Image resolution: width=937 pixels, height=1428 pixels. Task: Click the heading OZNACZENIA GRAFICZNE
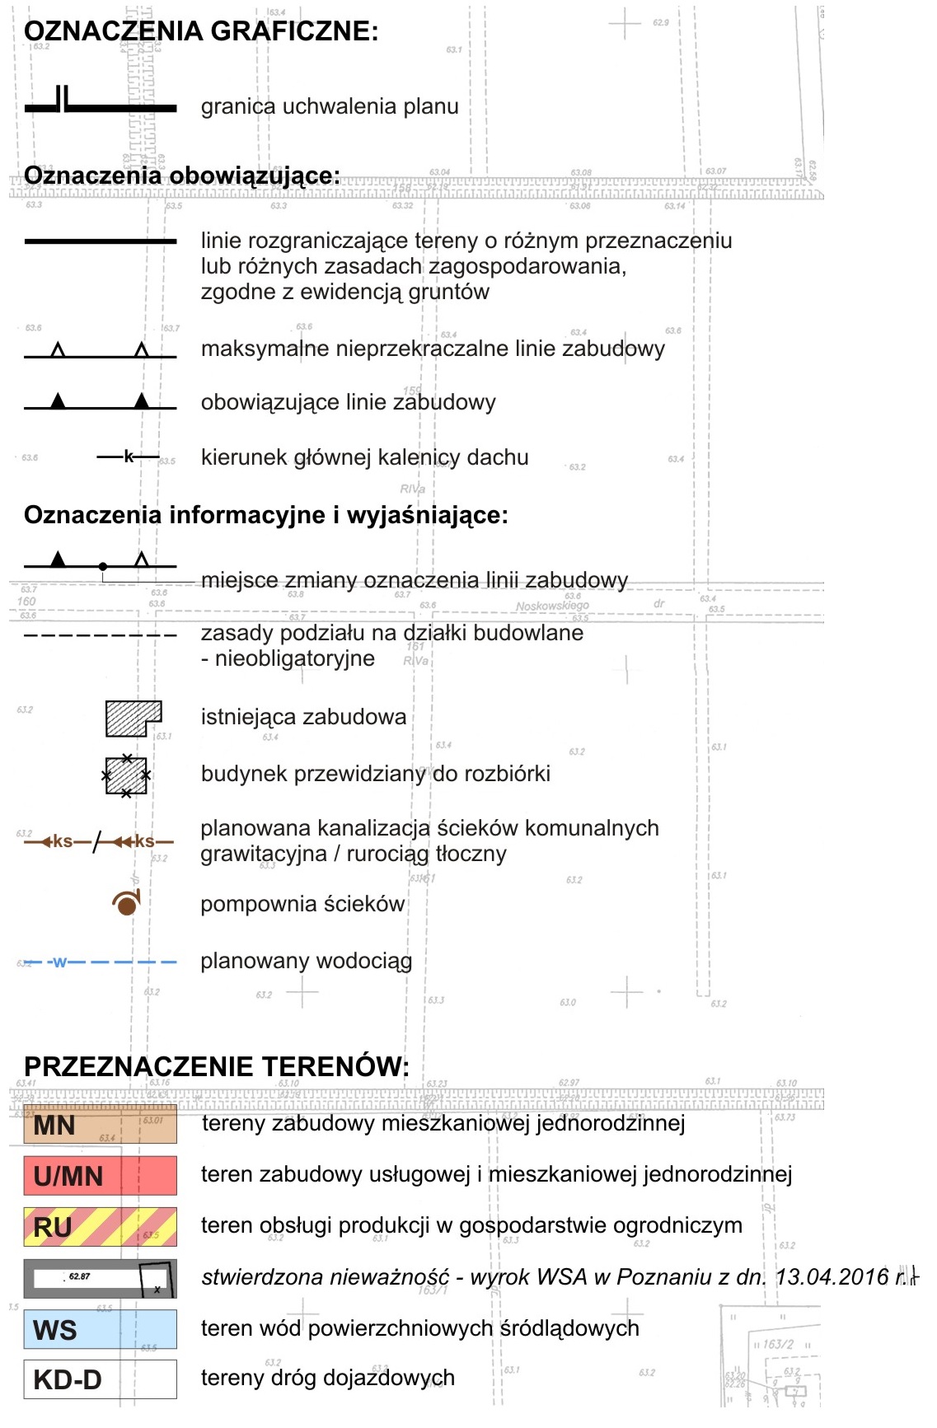[201, 31]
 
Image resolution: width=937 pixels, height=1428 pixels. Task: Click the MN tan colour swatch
[100, 1125]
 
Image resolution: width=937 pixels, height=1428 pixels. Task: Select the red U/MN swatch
[100, 1176]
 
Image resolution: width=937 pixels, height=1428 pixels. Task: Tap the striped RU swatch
[100, 1227]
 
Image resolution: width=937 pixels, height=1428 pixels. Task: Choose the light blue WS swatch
[100, 1329]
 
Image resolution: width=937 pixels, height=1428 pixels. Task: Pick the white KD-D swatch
[100, 1379]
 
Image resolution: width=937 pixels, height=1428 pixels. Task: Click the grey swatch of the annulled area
[100, 1278]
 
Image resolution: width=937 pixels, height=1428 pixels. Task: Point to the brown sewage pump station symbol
[126, 904]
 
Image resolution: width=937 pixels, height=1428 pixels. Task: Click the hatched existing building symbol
[133, 718]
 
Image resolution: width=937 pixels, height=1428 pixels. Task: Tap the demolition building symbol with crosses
[126, 775]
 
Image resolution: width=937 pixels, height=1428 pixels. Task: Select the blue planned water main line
[100, 962]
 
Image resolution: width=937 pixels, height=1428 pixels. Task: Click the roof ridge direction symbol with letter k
[129, 456]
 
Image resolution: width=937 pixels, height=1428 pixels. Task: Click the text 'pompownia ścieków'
[302, 904]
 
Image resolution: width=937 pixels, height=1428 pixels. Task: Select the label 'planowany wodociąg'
[306, 961]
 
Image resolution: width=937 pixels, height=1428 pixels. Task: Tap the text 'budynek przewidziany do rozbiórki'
[375, 774]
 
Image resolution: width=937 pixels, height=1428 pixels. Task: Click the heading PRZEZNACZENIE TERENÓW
[216, 1066]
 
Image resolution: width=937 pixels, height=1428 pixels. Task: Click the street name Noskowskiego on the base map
[551, 606]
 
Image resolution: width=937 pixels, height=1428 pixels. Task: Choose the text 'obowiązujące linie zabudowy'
[348, 402]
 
